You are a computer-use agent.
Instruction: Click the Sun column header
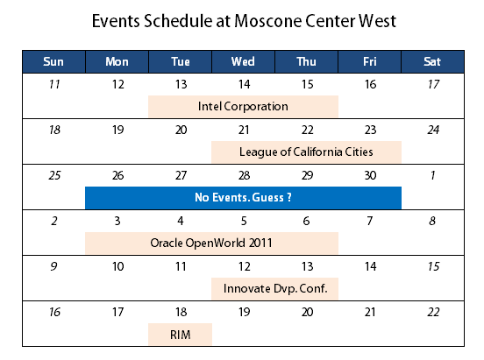click(x=53, y=61)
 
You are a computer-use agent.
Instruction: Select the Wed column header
click(x=243, y=61)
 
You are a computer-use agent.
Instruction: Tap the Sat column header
click(x=432, y=61)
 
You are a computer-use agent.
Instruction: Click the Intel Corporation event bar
click(x=243, y=107)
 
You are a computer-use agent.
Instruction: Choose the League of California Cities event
click(x=306, y=152)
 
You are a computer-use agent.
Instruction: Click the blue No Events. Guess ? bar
click(x=243, y=198)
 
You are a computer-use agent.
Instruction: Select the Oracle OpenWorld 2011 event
click(x=212, y=244)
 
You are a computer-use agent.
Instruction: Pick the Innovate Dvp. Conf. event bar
click(x=274, y=289)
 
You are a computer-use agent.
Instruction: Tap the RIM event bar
click(x=181, y=334)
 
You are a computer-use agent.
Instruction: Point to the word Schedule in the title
click(x=178, y=21)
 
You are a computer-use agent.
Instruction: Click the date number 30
click(x=370, y=175)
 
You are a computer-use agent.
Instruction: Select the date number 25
click(x=54, y=175)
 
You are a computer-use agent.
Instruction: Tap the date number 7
click(x=370, y=221)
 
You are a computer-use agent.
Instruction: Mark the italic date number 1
click(x=433, y=175)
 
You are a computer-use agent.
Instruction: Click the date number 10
click(x=117, y=266)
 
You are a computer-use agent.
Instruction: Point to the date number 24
click(x=433, y=130)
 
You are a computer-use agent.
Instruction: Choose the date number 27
click(x=181, y=175)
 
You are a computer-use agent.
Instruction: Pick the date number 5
click(x=244, y=221)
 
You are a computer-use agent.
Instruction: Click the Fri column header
click(x=369, y=61)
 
